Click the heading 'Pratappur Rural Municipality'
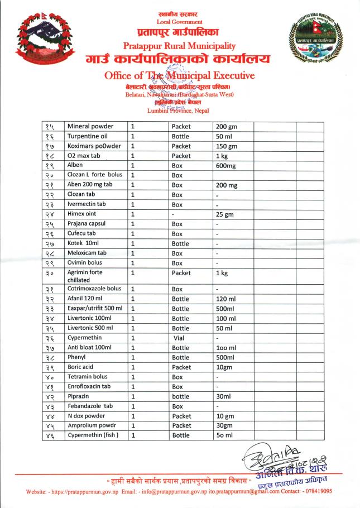179,46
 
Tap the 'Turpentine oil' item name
88,136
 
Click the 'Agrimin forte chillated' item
85,276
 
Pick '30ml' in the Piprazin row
225,396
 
